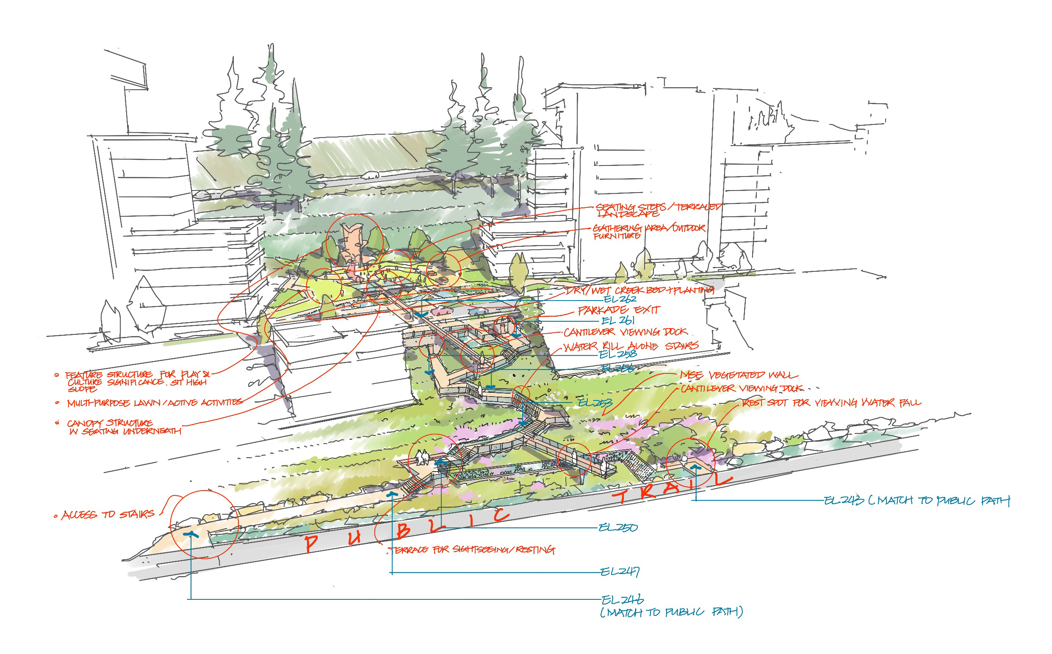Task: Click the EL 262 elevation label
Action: pos(620,299)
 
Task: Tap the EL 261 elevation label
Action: pos(618,320)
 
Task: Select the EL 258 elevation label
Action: pos(617,354)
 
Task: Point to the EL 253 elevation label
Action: pos(595,403)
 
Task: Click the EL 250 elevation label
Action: pos(618,528)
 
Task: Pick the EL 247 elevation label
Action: pos(620,572)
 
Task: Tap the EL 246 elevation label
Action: pos(622,600)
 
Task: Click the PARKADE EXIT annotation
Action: pos(619,310)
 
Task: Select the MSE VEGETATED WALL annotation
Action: pos(738,375)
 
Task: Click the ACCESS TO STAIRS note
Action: pos(108,514)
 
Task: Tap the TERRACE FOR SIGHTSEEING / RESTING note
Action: pos(472,550)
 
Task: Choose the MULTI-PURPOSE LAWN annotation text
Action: pos(154,403)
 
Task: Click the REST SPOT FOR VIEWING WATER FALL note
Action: pos(831,403)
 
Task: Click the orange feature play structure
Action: pos(354,244)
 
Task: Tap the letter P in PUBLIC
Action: pos(311,543)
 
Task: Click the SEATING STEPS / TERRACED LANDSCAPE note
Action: pos(658,210)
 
